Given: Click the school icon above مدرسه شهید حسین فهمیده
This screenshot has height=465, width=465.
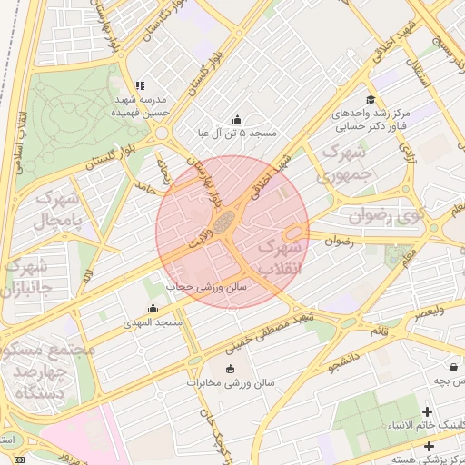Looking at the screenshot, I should tap(139, 85).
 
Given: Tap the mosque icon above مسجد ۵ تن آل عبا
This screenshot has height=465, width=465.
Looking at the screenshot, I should tap(238, 119).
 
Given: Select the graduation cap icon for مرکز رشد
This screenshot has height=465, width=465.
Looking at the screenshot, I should tap(370, 100).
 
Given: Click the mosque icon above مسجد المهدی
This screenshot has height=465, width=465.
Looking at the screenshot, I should tap(153, 309).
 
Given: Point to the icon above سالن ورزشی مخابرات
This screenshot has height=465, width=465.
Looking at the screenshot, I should tap(229, 369).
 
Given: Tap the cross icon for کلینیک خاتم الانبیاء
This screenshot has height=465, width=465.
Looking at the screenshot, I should tap(427, 412).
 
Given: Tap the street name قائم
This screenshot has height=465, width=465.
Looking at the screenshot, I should tap(379, 331).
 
